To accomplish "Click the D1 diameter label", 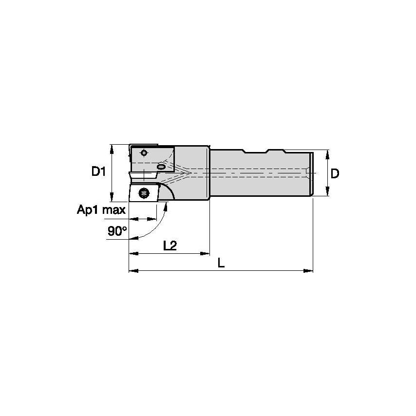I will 99,171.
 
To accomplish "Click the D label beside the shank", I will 335,173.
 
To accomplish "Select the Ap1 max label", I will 101,210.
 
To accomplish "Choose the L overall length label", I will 221,263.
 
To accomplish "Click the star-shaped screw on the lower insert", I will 143,193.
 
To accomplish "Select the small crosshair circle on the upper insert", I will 143,153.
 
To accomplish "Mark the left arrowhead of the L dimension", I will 132,270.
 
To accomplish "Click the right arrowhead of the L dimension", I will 309,270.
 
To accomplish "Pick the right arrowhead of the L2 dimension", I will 207,254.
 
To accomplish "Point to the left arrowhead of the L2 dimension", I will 132,254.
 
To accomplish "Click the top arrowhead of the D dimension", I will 327,153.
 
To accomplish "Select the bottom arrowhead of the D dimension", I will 327,193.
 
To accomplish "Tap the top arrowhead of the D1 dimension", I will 112,147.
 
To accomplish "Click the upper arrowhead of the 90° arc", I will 167,207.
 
